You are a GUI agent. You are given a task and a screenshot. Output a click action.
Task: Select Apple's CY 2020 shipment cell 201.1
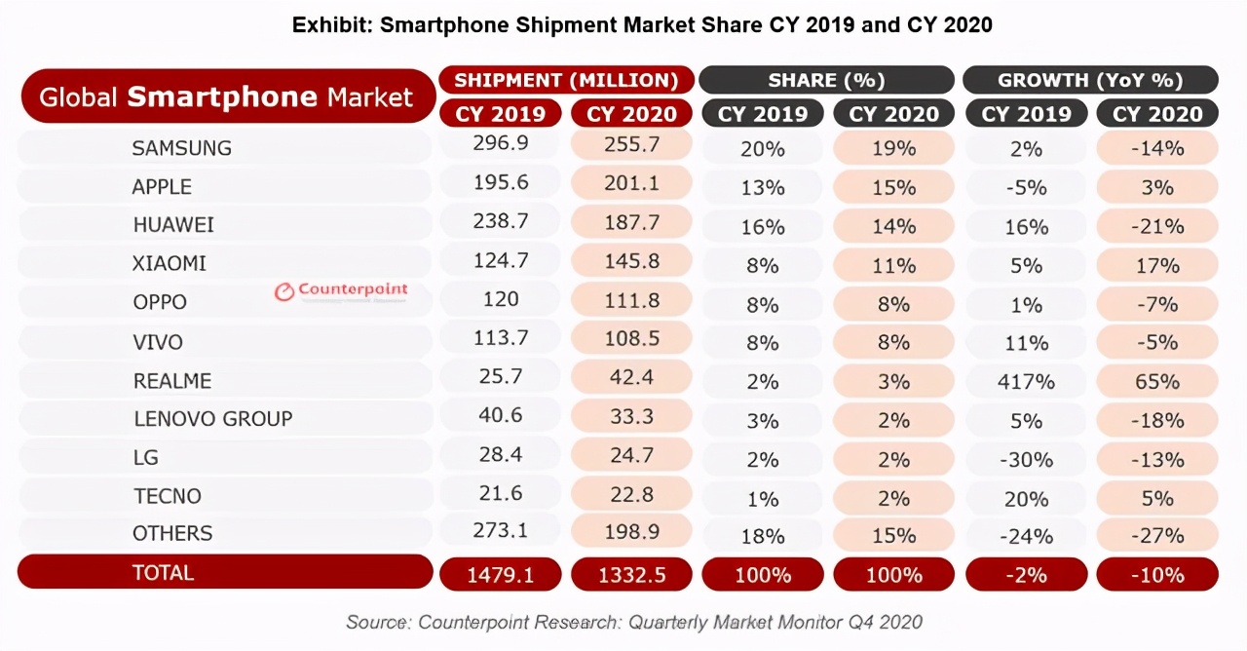coord(630,184)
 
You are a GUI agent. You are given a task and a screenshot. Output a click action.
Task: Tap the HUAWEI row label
coord(173,225)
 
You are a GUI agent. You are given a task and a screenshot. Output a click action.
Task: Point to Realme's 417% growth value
coord(1026,381)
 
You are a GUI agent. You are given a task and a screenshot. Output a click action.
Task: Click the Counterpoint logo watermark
coord(341,290)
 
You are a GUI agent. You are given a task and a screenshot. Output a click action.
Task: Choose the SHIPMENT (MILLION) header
coord(566,80)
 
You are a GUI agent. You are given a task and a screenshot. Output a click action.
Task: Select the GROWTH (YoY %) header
coord(1090,80)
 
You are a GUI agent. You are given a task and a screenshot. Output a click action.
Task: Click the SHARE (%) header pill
coord(826,80)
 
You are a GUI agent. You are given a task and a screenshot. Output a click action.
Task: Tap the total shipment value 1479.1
coord(501,575)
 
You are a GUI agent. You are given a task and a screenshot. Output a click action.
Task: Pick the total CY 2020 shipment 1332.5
coord(631,575)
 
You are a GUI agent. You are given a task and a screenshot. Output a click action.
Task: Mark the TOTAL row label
coord(164,573)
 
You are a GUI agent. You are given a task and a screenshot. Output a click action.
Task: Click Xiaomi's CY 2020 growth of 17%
coord(1157,265)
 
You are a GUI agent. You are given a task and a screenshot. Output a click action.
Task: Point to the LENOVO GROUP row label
coord(212,419)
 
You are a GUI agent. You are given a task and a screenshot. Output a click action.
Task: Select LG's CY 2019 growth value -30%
coord(1026,459)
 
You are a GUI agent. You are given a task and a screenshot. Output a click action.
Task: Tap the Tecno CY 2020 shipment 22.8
coord(630,496)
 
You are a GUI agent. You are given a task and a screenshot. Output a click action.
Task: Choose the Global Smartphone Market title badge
coord(227,96)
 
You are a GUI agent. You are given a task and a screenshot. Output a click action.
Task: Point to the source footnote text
coord(634,622)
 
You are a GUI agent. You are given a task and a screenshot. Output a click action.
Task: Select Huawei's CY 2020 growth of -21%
coord(1157,226)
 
